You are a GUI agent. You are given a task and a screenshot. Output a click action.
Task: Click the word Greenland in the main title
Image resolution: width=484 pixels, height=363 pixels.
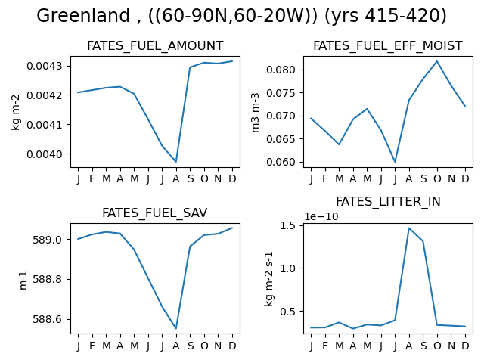(83, 16)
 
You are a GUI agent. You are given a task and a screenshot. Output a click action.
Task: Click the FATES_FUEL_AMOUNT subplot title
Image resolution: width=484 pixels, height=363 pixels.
(155, 46)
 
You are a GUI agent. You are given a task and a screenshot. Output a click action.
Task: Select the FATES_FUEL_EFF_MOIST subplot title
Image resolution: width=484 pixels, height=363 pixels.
(388, 46)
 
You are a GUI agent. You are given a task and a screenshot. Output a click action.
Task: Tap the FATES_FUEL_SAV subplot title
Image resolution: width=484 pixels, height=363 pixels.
(154, 213)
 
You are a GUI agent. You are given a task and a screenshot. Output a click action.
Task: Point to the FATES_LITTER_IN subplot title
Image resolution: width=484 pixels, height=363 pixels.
(388, 202)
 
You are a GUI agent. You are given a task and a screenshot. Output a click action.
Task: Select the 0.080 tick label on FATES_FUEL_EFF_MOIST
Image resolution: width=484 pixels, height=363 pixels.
(281, 70)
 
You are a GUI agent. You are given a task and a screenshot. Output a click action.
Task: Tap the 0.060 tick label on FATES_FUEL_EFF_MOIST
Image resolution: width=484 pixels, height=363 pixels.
(281, 162)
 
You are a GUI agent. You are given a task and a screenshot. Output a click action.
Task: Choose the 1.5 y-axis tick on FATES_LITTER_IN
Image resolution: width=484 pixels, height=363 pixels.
(287, 225)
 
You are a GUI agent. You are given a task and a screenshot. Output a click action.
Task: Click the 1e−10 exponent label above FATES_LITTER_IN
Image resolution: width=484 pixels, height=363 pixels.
(321, 216)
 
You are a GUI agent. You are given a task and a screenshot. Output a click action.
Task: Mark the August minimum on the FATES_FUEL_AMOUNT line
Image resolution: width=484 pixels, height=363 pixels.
(176, 162)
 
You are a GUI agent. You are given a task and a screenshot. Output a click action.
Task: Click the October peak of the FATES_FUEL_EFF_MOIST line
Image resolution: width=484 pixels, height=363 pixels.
(437, 61)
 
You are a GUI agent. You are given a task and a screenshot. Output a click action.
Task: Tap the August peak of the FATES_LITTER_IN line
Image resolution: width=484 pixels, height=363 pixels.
(409, 228)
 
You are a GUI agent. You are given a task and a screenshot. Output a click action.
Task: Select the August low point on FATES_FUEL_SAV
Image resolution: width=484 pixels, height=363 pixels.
(176, 329)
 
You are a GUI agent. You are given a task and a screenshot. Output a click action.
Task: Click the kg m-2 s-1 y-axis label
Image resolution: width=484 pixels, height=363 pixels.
(269, 279)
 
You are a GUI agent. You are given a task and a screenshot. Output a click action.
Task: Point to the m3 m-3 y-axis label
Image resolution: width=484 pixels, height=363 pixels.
(256, 113)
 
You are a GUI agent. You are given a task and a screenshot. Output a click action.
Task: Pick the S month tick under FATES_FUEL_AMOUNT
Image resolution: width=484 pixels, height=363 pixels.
(191, 178)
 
